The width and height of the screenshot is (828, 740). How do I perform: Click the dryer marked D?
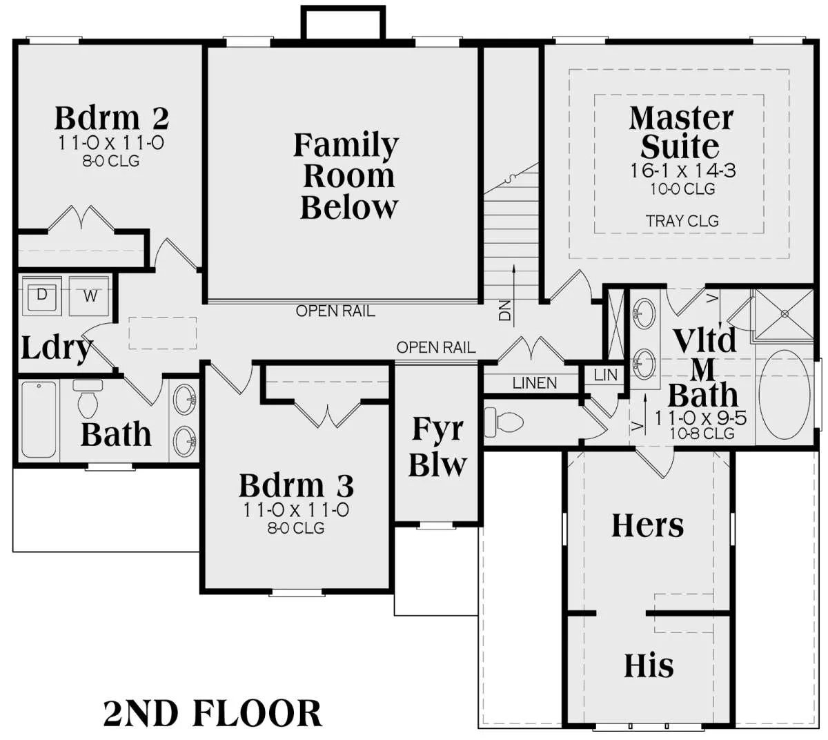pos(41,296)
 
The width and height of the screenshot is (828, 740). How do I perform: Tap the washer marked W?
pos(90,296)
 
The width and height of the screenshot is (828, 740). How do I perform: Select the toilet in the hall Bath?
pos(87,398)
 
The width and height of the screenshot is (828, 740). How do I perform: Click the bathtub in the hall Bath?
pos(39,420)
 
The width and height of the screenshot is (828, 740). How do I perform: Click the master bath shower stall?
pos(784,314)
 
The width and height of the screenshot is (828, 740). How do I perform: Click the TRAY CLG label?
pos(682,221)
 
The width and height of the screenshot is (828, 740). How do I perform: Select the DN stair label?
pos(505,311)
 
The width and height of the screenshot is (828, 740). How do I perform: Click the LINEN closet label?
pos(535,383)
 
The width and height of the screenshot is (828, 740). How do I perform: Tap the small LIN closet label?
pos(606,375)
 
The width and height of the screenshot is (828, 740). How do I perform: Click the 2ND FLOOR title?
pos(213,714)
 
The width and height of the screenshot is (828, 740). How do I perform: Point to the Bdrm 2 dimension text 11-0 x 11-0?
pos(112,143)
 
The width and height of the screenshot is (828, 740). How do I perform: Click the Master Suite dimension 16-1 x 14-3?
pos(683,171)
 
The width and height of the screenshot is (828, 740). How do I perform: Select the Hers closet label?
pos(648,525)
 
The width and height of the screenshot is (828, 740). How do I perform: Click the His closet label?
pos(649,666)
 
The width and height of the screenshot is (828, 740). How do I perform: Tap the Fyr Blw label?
pos(437,447)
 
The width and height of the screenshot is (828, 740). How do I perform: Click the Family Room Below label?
pos(346,176)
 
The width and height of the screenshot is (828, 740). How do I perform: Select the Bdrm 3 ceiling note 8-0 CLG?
pos(296,528)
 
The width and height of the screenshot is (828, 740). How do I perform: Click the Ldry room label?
pos(57,349)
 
